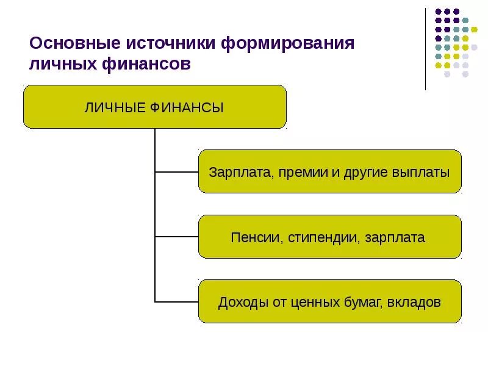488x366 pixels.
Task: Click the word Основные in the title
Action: tap(74, 45)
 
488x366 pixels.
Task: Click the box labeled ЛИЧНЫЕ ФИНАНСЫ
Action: tap(154, 107)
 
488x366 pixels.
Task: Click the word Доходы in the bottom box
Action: tap(241, 303)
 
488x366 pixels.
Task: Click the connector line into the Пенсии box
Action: tap(177, 237)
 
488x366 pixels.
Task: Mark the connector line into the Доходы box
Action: tap(177, 301)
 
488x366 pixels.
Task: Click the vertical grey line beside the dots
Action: tap(426, 49)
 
